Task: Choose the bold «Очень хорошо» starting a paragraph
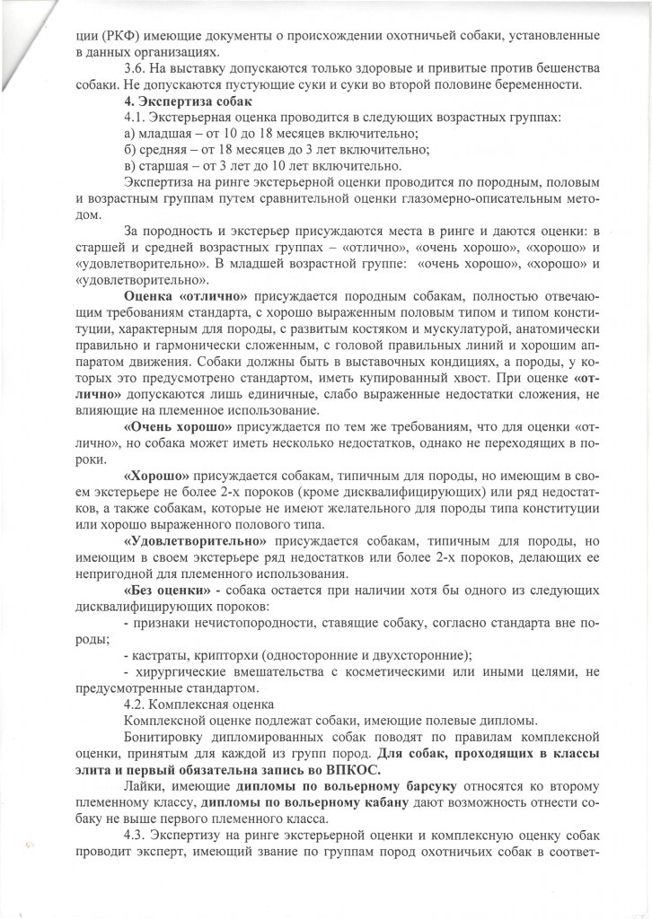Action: tap(166, 425)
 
